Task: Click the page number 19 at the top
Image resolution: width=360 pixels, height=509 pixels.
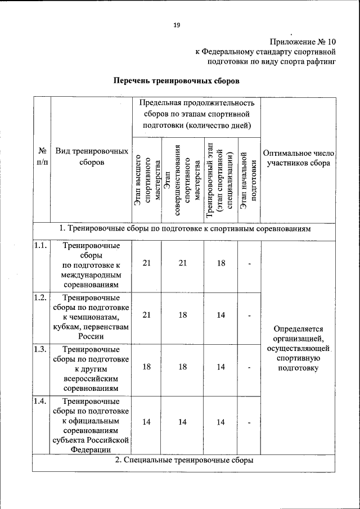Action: tap(176, 25)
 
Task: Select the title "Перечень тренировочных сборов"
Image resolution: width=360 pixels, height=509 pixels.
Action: tap(177, 81)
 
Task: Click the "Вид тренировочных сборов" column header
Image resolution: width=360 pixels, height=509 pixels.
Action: tap(92, 157)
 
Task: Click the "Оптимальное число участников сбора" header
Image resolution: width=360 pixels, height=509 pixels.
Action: tap(299, 157)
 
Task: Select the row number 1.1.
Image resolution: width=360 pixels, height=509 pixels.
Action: tap(39, 246)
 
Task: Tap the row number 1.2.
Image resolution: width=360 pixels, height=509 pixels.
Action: tap(39, 297)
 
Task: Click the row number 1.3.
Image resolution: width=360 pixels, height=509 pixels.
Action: tap(39, 349)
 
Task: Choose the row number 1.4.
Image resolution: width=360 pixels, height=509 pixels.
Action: tap(39, 402)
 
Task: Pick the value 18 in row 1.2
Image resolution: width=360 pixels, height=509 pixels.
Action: tap(183, 315)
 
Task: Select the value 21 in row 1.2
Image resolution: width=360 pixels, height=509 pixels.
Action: tap(147, 315)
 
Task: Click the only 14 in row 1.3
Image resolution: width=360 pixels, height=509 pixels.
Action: tap(221, 367)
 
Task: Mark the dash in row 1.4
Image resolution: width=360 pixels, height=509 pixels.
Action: tap(249, 422)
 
